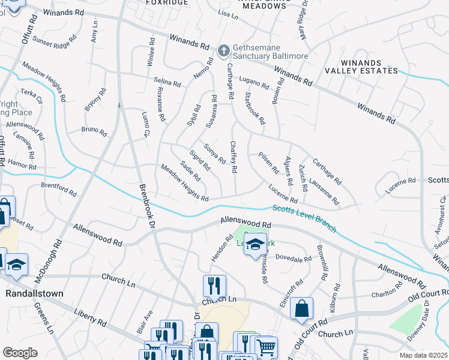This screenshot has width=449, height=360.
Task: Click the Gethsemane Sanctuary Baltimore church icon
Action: click(x=224, y=50)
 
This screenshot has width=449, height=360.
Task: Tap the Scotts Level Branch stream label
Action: click(x=304, y=220)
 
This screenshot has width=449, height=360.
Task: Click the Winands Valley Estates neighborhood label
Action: click(x=369, y=67)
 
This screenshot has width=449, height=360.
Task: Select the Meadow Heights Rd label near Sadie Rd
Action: click(x=184, y=184)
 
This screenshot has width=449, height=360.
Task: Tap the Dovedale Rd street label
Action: click(x=294, y=259)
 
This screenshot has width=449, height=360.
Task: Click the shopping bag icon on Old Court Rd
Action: click(x=301, y=309)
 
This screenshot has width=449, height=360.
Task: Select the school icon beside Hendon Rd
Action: click(x=255, y=244)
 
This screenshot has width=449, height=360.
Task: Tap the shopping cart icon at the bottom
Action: click(x=266, y=346)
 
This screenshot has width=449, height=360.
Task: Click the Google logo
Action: click(x=20, y=353)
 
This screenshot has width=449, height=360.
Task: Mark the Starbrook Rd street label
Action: click(x=255, y=108)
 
